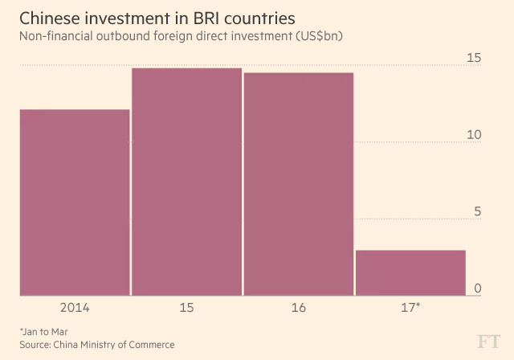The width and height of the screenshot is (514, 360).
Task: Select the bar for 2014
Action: coord(74,202)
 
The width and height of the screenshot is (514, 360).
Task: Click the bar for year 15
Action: coord(186,182)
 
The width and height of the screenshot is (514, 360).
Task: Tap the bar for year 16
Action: coord(298,184)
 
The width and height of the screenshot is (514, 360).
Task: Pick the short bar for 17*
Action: coord(410,273)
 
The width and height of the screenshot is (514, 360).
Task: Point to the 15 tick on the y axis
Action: coord(474,58)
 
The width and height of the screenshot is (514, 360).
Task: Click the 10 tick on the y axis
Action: coord(474,135)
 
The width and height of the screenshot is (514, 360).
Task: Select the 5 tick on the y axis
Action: coord(477,212)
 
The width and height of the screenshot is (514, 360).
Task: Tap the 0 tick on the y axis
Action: coord(477,288)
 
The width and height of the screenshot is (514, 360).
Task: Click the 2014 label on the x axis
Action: coord(74,308)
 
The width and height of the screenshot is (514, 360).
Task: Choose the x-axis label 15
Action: coord(186,308)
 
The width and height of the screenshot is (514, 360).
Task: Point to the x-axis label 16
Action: coord(298,308)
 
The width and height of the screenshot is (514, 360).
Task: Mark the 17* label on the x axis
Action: coord(410,308)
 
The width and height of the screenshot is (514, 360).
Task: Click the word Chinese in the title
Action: coord(50,18)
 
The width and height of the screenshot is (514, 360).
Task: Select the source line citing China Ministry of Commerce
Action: coord(96,344)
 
